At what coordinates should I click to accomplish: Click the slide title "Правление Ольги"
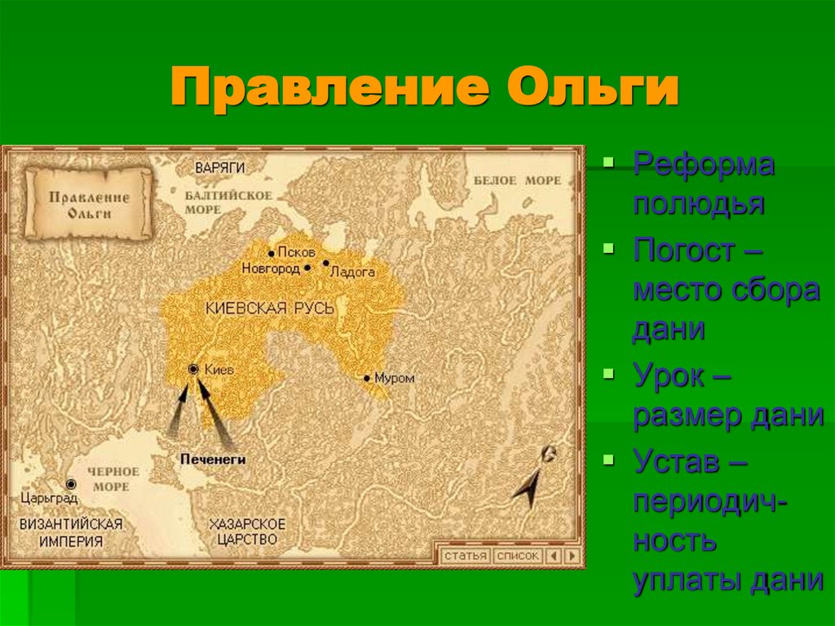click(x=424, y=89)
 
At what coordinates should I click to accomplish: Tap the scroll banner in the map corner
click(x=88, y=204)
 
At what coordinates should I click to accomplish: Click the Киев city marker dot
click(x=193, y=370)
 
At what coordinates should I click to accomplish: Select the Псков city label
click(x=294, y=252)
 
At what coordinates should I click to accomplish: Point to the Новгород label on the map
click(x=271, y=268)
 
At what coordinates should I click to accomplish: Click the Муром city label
click(x=395, y=379)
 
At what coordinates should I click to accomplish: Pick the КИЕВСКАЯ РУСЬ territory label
click(x=270, y=309)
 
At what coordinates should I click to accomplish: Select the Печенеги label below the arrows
click(x=212, y=460)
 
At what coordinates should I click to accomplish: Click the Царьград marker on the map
click(x=71, y=484)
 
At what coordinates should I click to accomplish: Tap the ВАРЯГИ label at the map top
click(x=219, y=167)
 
